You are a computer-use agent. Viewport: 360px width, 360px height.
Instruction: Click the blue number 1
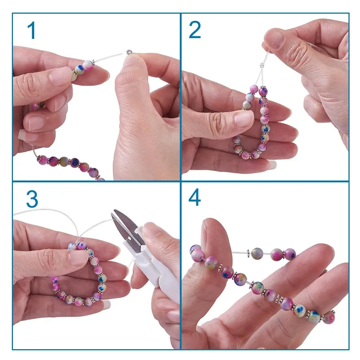pos(32,30)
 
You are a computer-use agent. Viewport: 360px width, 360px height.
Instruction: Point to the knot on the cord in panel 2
pos(262,66)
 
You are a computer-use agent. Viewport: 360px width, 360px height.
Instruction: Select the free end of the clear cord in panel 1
pos(121,54)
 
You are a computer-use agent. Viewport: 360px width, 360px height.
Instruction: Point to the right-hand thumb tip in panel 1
pos(132,61)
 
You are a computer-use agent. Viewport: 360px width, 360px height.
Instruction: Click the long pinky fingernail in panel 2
pos(272,165)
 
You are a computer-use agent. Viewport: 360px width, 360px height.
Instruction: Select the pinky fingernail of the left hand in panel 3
pos(106,305)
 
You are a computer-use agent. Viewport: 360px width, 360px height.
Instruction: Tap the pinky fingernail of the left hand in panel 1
pos(21,134)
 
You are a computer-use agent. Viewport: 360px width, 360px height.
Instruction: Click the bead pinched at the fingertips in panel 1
pos(89,65)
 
